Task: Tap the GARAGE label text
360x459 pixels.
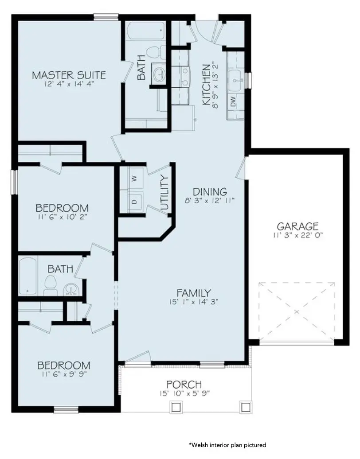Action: click(x=297, y=226)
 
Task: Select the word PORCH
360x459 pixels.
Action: click(x=184, y=384)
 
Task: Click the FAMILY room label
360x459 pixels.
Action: click(x=193, y=292)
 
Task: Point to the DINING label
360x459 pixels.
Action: click(x=210, y=192)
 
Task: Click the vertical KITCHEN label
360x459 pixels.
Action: click(x=206, y=85)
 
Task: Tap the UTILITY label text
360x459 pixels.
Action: click(x=165, y=193)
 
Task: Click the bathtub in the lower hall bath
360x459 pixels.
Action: click(x=28, y=276)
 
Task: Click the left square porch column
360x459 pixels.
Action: click(x=176, y=407)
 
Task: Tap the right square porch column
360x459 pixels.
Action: click(x=244, y=407)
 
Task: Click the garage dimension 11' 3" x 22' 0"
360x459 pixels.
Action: click(x=297, y=235)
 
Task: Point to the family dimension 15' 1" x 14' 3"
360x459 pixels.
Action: click(x=193, y=302)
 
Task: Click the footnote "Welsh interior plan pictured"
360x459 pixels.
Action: click(x=228, y=444)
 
